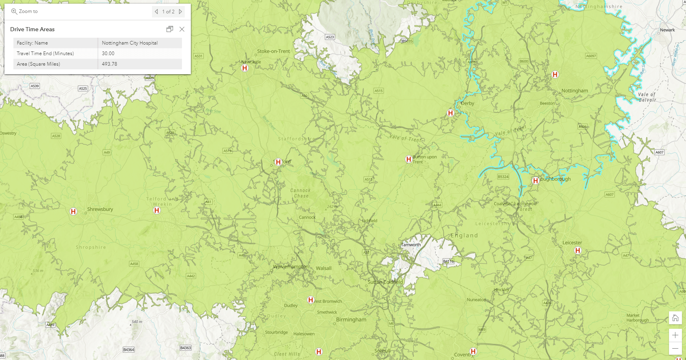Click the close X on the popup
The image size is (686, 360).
click(182, 29)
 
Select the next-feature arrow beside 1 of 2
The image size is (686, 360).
click(181, 11)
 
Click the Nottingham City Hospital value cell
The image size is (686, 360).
click(130, 43)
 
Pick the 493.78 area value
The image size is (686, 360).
click(109, 64)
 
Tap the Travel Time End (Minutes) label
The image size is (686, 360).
click(45, 54)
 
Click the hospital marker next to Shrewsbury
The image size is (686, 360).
click(73, 211)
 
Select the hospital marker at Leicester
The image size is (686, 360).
click(578, 251)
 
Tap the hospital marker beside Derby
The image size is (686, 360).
click(450, 113)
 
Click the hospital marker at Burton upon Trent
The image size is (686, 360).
click(408, 159)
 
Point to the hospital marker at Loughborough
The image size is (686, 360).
click(535, 180)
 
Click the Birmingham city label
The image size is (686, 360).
click(351, 319)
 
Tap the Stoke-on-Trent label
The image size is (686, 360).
click(274, 51)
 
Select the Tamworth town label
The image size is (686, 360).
click(411, 245)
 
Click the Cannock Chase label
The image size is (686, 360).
click(300, 193)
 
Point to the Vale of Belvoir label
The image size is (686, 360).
click(647, 97)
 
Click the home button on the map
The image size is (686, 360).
click(675, 318)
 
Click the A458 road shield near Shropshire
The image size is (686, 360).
click(134, 264)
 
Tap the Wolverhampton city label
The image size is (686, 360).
click(291, 267)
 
